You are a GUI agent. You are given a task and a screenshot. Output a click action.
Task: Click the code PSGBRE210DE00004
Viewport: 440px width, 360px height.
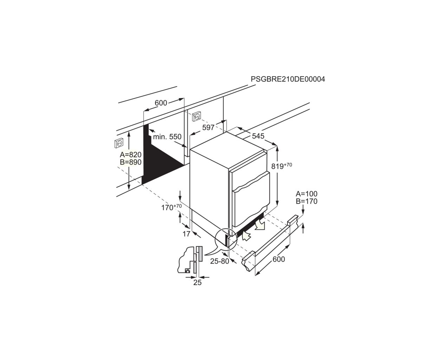pyautogui.click(x=288, y=79)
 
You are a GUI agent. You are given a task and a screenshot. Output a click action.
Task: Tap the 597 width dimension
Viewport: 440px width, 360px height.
pyautogui.click(x=208, y=127)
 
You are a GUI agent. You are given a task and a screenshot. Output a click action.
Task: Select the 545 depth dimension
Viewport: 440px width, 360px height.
pyautogui.click(x=258, y=136)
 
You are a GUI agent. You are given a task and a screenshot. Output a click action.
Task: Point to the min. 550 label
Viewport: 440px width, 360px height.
pyautogui.click(x=167, y=137)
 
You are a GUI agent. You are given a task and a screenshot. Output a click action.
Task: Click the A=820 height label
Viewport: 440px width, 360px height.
pyautogui.click(x=131, y=155)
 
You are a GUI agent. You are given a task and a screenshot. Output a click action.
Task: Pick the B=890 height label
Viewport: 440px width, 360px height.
pyautogui.click(x=131, y=162)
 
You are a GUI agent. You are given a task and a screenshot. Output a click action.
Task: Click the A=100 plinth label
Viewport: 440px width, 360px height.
pyautogui.click(x=306, y=194)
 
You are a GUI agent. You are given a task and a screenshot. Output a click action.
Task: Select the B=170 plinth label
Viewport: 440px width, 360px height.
pyautogui.click(x=306, y=201)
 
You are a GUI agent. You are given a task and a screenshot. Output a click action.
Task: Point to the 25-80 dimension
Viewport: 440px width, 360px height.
pyautogui.click(x=220, y=261)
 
